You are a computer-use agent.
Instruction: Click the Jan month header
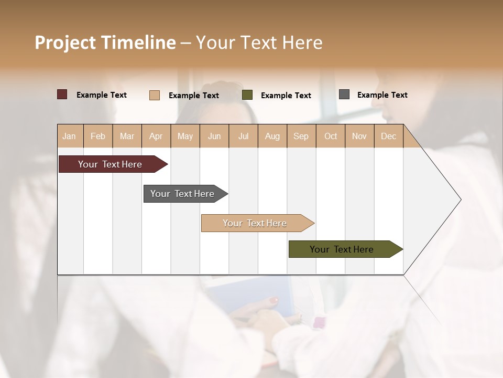pyautogui.click(x=70, y=136)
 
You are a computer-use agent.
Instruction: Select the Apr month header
pyautogui.click(x=156, y=136)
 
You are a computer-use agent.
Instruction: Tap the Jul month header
pyautogui.click(x=243, y=136)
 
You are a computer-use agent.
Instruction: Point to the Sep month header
pyautogui.click(x=301, y=136)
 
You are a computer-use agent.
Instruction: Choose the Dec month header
pyautogui.click(x=388, y=136)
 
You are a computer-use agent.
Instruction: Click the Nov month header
pyautogui.click(x=359, y=136)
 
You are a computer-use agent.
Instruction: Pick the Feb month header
pyautogui.click(x=98, y=136)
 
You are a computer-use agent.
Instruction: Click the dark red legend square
pyautogui.click(x=62, y=94)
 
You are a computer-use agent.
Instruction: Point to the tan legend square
pyautogui.click(x=155, y=95)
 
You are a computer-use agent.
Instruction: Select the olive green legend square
pyautogui.click(x=247, y=95)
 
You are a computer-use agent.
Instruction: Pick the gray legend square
pyautogui.click(x=344, y=94)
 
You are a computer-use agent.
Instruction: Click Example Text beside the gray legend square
pyautogui.click(x=382, y=95)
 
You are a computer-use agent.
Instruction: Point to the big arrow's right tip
pyautogui.click(x=460, y=199)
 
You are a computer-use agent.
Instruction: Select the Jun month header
pyautogui.click(x=214, y=136)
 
